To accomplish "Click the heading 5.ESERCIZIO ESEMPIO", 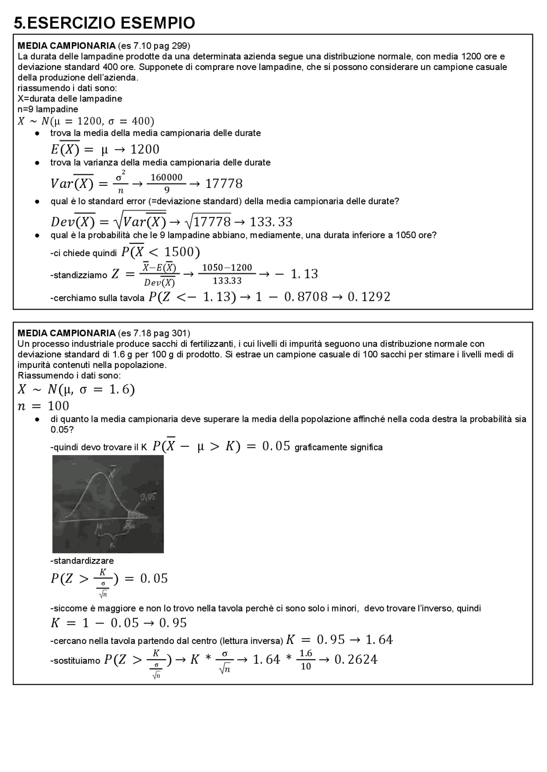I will pyautogui.click(x=104, y=23).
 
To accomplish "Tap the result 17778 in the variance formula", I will pyautogui.click(x=224, y=184).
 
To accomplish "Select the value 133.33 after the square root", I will pyautogui.click(x=271, y=222).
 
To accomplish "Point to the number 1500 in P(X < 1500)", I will pyautogui.click(x=179, y=252).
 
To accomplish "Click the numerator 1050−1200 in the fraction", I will pyautogui.click(x=227, y=268).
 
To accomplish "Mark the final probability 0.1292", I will pyautogui.click(x=369, y=297).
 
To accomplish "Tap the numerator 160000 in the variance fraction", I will pyautogui.click(x=166, y=177).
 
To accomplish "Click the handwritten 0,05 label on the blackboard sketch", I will pyautogui.click(x=147, y=497).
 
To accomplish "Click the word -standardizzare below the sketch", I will pyautogui.click(x=82, y=561).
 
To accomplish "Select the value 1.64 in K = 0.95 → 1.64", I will pyautogui.click(x=379, y=640).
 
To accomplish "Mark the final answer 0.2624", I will pyautogui.click(x=356, y=660).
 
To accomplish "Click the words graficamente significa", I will pyautogui.click(x=338, y=447).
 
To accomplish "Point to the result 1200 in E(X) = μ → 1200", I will pyautogui.click(x=144, y=149).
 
